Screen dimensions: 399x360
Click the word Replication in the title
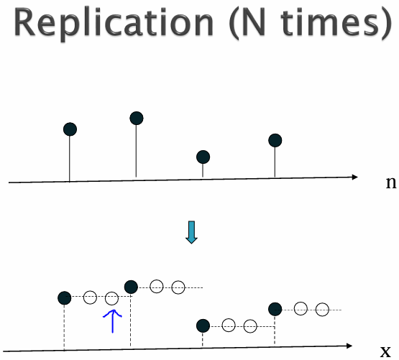(x=114, y=24)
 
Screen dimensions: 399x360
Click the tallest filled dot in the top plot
(x=137, y=119)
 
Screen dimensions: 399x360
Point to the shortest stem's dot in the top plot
(x=203, y=157)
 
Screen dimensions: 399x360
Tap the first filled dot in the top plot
(x=70, y=129)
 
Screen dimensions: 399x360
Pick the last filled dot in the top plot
(x=275, y=140)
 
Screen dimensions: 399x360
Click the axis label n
(x=391, y=183)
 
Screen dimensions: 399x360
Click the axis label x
(x=385, y=351)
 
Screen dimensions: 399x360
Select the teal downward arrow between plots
(x=191, y=232)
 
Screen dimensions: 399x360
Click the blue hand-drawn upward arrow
(x=112, y=321)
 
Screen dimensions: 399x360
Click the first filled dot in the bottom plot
(x=65, y=298)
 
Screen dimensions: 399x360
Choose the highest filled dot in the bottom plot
(x=131, y=287)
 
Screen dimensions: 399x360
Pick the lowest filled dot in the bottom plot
(x=203, y=326)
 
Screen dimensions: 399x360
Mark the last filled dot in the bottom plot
(x=275, y=310)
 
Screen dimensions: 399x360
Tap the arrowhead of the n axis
(x=355, y=177)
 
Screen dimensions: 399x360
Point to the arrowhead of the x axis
(x=349, y=346)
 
